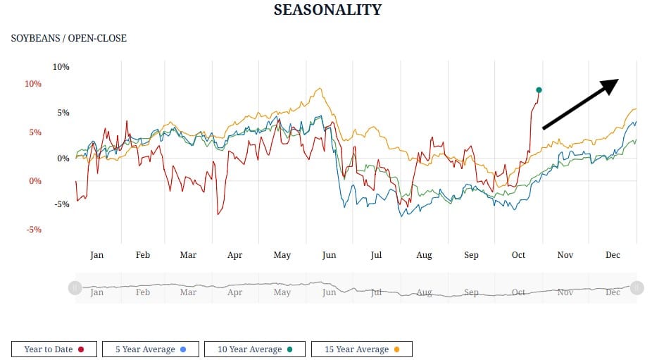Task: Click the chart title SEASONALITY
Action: (x=327, y=10)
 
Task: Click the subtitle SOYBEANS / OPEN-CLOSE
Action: (x=69, y=38)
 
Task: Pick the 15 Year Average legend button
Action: (x=361, y=349)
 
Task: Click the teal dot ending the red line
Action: (x=539, y=90)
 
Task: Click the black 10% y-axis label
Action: (x=61, y=67)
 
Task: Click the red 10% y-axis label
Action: (x=33, y=84)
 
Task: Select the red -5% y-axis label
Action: (x=35, y=230)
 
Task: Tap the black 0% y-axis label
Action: (x=63, y=159)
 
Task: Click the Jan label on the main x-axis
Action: (x=96, y=255)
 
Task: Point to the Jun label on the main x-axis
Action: (x=329, y=255)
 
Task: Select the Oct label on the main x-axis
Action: (x=519, y=255)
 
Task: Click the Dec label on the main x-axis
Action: (x=613, y=255)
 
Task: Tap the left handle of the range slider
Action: (x=75, y=287)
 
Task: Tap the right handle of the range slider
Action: (x=637, y=287)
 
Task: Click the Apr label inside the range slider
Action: (x=234, y=292)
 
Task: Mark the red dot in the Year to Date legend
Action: (x=82, y=349)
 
